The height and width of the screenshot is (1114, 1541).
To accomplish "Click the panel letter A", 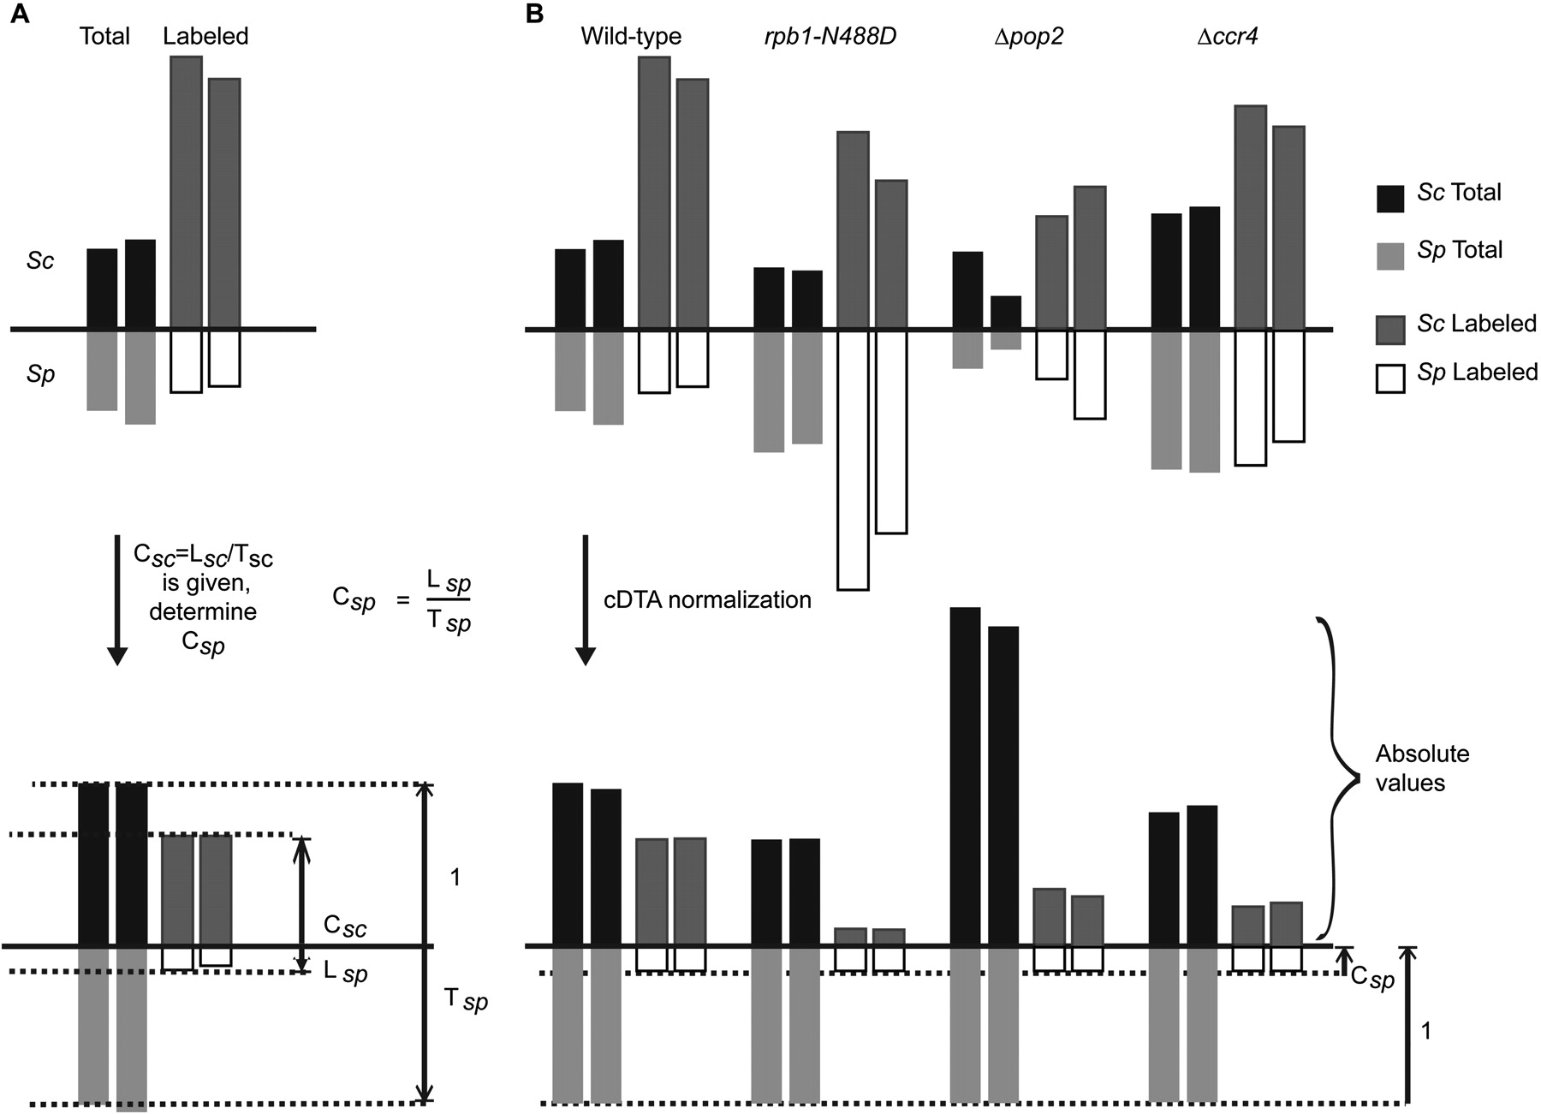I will tap(19, 15).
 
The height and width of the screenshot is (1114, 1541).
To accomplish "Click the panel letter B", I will tap(534, 15).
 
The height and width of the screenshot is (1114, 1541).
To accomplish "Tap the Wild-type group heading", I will tap(631, 37).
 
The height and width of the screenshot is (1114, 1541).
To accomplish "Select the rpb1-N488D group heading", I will tap(830, 37).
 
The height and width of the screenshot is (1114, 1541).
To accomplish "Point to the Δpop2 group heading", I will tap(1028, 37).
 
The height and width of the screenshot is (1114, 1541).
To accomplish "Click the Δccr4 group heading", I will tap(1227, 37).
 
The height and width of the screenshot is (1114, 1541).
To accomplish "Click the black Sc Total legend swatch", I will tap(1390, 199).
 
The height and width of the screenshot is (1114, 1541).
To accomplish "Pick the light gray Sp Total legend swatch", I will tap(1390, 256).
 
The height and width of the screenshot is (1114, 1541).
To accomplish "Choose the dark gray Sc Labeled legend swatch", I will tap(1390, 330).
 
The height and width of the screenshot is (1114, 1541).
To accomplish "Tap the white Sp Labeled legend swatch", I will tap(1390, 378).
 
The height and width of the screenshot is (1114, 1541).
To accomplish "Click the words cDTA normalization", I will tap(707, 599).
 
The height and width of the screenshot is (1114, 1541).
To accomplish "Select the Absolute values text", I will tap(1422, 768).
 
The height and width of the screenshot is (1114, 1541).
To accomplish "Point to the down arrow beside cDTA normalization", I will tap(586, 599).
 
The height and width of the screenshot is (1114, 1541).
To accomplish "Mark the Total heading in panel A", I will tap(104, 37).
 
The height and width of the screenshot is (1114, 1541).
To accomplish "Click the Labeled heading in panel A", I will tap(205, 37).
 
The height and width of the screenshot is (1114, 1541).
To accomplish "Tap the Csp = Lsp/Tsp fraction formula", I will tap(402, 601).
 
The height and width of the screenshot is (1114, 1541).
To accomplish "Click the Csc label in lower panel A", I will tap(346, 926).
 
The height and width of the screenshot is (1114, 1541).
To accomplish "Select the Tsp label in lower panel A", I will tap(465, 999).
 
